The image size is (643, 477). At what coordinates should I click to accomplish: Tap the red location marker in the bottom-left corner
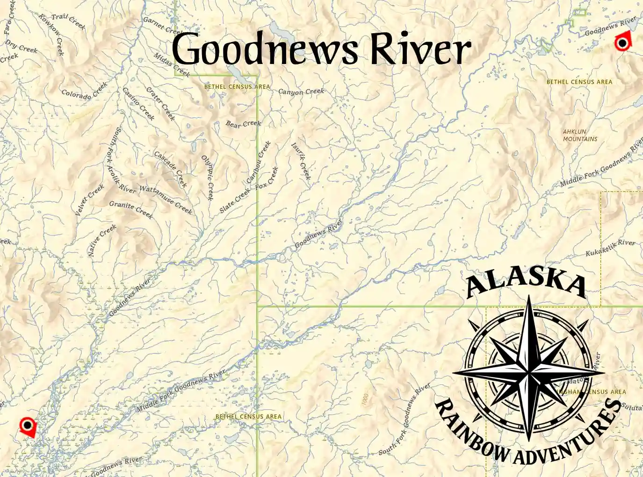pyautogui.click(x=28, y=426)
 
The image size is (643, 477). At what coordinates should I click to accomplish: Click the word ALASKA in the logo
pyautogui.click(x=527, y=283)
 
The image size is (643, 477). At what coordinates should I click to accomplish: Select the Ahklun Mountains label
pyautogui.click(x=580, y=135)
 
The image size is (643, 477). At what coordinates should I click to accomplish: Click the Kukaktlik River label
pyautogui.click(x=610, y=248)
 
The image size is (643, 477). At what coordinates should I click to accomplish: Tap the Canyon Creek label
pyautogui.click(x=301, y=92)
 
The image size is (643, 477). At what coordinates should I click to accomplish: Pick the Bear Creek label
pyautogui.click(x=243, y=124)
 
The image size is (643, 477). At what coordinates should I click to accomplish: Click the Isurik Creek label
pyautogui.click(x=301, y=161)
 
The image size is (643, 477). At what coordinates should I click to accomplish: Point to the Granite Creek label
pyautogui.click(x=131, y=209)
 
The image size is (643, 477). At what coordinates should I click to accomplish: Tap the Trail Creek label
pyautogui.click(x=68, y=21)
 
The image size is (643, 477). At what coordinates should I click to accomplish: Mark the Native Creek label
pyautogui.click(x=102, y=240)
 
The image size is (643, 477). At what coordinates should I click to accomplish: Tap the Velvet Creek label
pyautogui.click(x=89, y=200)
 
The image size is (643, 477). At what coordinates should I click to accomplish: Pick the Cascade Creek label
pyautogui.click(x=170, y=169)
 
